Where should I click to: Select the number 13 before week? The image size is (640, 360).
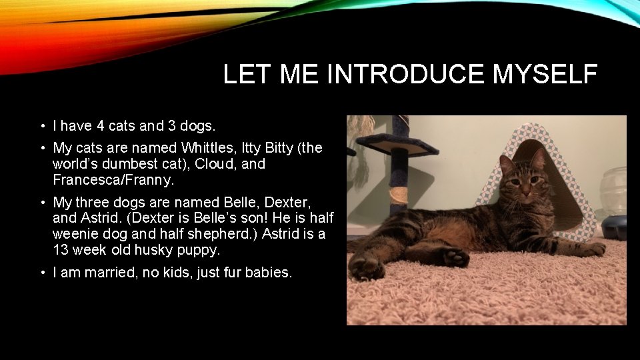click(61, 250)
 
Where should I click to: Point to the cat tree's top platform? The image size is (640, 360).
click(397, 142)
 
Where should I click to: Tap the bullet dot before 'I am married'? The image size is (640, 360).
click(42, 273)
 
